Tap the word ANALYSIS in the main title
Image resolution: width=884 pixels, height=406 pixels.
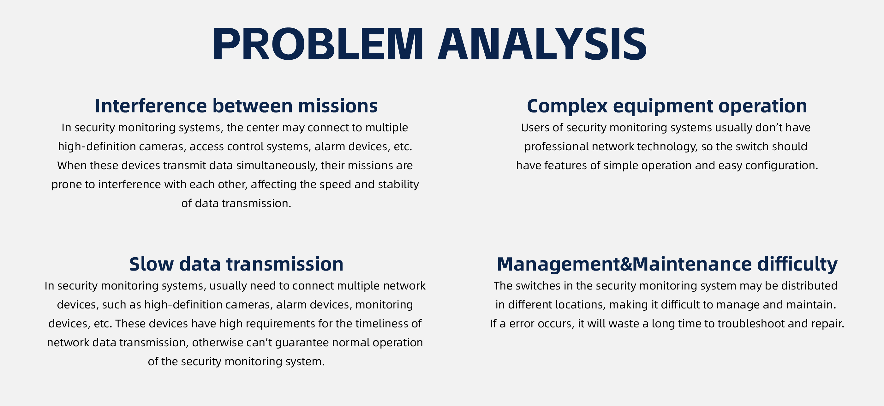tap(542, 44)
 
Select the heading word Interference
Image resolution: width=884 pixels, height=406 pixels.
tap(151, 106)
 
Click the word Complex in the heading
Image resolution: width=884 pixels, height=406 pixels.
tap(567, 106)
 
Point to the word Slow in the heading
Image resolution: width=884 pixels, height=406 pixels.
tap(151, 264)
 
